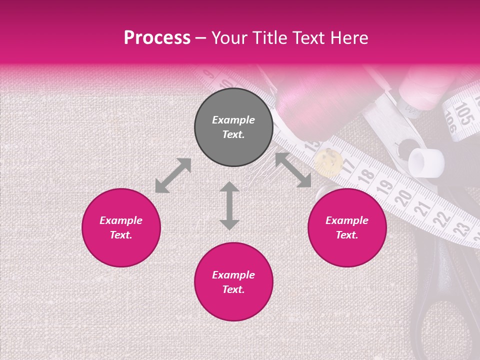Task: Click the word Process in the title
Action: [157, 38]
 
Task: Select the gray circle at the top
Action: [233, 127]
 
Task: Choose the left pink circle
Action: [121, 227]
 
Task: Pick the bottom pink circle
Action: [233, 282]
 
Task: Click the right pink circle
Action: [347, 227]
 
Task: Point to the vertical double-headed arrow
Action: [229, 205]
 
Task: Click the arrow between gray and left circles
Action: [173, 175]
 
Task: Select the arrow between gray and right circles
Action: [293, 170]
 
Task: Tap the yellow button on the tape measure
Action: [328, 161]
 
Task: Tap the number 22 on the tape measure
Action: [441, 218]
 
